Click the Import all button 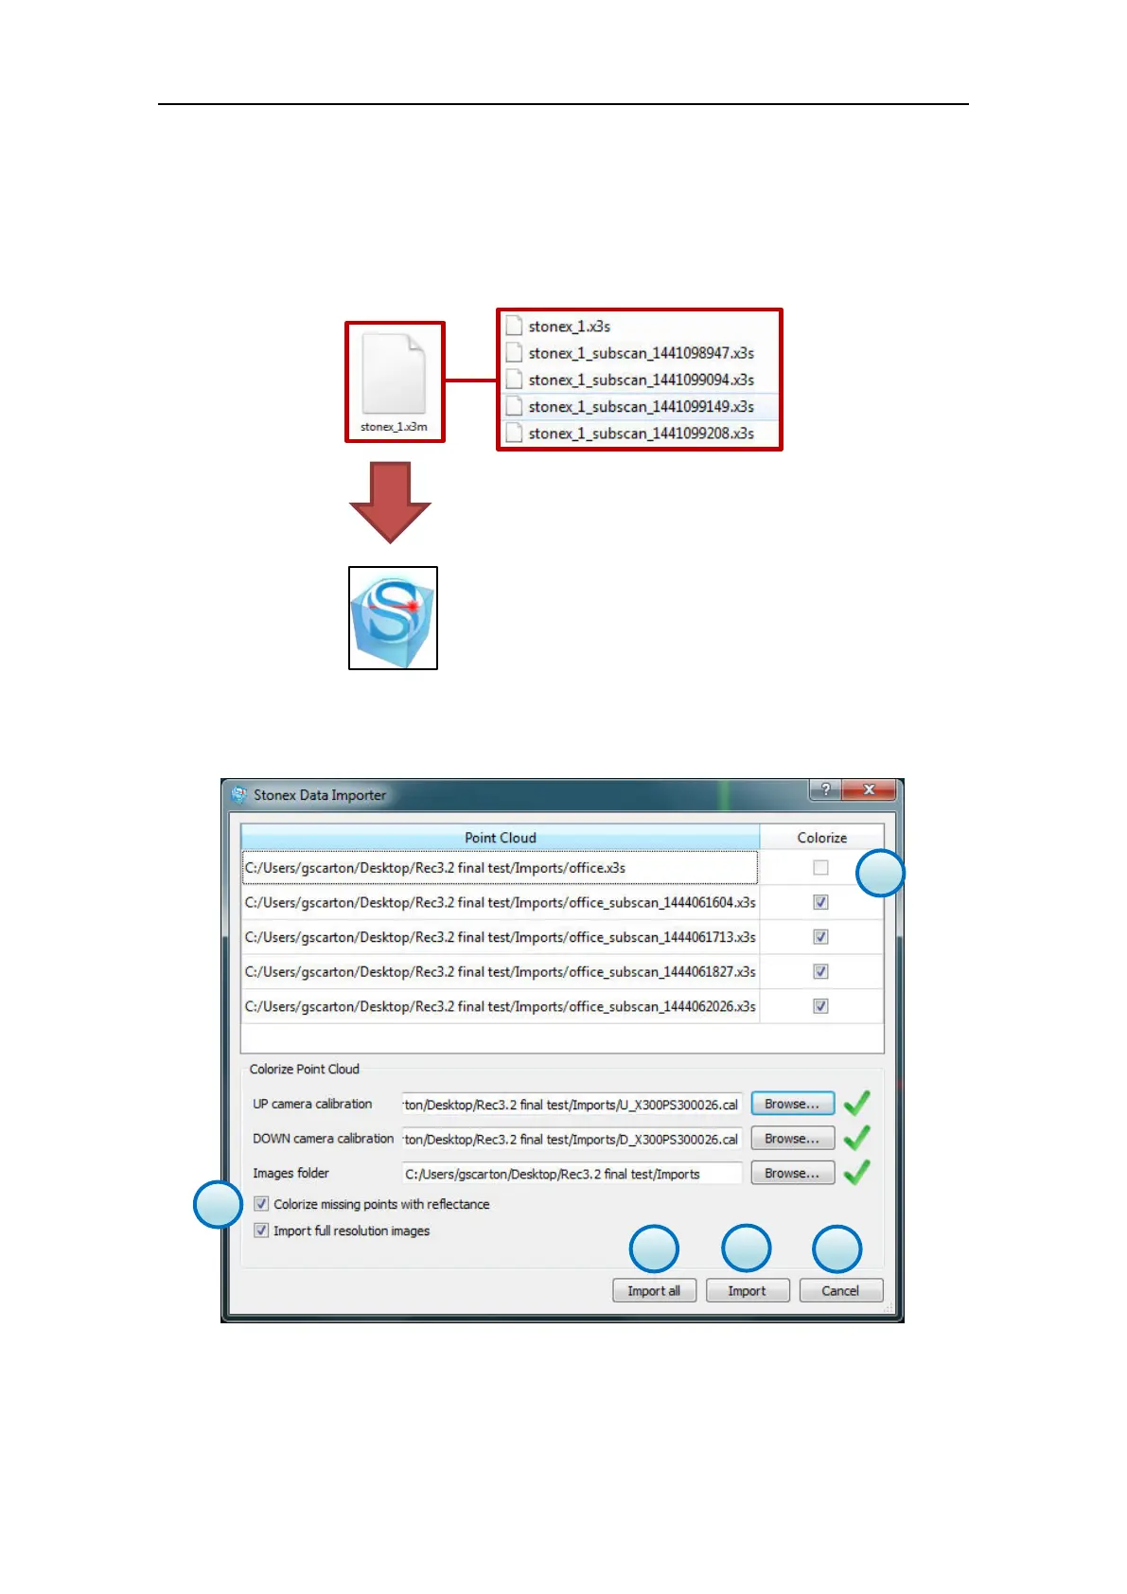tap(654, 1290)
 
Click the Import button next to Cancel tap(747, 1290)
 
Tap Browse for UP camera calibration tap(792, 1104)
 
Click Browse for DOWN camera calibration tap(792, 1139)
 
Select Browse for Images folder tap(792, 1173)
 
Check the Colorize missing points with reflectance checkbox tap(262, 1204)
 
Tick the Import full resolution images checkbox tap(262, 1231)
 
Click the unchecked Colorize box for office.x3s tap(820, 867)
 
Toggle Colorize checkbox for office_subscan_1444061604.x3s tap(820, 902)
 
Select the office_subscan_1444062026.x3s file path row tap(500, 1006)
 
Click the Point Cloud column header tap(500, 838)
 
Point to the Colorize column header tap(821, 838)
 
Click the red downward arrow tap(390, 501)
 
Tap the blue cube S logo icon tap(393, 618)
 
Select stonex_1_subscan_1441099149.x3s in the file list tap(641, 407)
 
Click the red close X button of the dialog tap(869, 789)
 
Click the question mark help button tap(825, 789)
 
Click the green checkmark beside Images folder tap(856, 1173)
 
